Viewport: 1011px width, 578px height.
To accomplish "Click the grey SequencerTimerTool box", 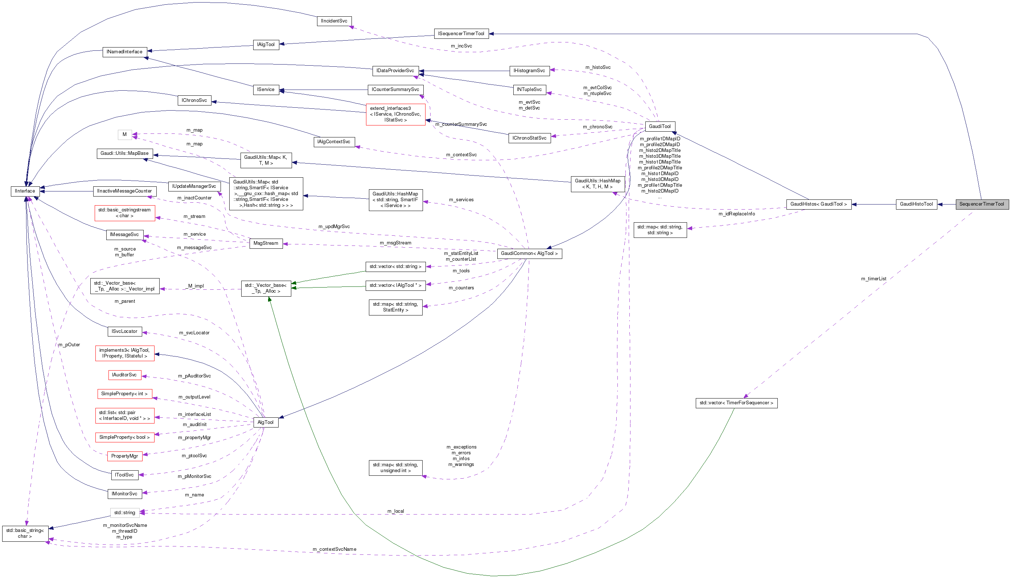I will [x=982, y=204].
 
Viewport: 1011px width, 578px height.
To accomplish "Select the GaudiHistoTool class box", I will [x=916, y=204].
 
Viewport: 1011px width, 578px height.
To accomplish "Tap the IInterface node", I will [x=25, y=191].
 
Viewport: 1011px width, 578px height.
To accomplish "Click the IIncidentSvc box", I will [x=334, y=21].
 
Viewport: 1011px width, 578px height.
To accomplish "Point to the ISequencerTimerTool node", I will [x=461, y=34].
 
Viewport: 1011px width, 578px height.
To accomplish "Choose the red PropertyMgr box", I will [x=124, y=456].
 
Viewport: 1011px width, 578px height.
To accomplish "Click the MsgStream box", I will [x=266, y=243].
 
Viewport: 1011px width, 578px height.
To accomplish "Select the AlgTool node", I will [x=265, y=422].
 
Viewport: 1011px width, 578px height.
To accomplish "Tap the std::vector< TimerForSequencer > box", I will [x=736, y=403].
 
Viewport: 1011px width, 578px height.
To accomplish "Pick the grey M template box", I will [x=125, y=135].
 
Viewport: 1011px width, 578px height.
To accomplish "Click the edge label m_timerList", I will [x=874, y=279].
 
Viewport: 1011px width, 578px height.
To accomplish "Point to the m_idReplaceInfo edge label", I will [x=737, y=214].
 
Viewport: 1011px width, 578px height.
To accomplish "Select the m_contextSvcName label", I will [x=334, y=549].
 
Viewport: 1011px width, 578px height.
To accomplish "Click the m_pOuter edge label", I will [x=69, y=344].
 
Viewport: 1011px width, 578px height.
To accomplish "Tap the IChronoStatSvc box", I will [x=529, y=138].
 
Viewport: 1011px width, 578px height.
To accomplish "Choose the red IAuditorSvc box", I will [x=124, y=375].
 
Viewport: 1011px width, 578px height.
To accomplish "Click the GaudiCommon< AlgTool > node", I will [x=529, y=253].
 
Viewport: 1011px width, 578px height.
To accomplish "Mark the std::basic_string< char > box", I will [x=25, y=533].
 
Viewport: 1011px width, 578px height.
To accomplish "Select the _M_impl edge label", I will [x=194, y=286].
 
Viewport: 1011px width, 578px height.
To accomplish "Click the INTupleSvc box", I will [x=529, y=90].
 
